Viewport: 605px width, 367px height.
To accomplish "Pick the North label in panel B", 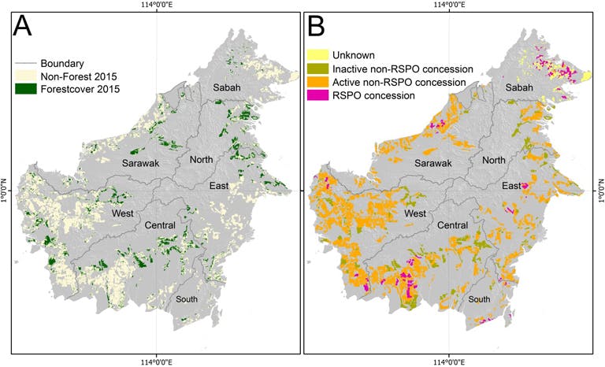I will [494, 160].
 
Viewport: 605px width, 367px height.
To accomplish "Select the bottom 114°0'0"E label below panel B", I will [448, 361].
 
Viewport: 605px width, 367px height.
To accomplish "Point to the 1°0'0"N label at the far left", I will [6, 190].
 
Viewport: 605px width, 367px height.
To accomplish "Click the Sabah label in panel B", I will [520, 88].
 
